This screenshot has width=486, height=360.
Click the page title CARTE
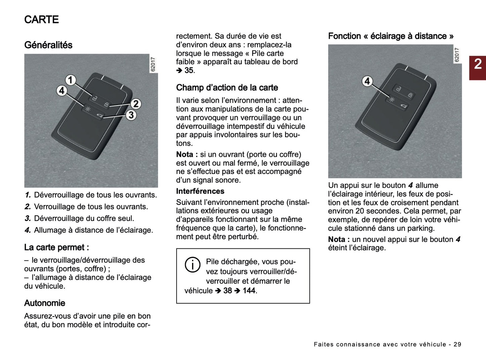pyautogui.click(x=41, y=20)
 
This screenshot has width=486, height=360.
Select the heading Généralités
pyautogui.click(x=48, y=45)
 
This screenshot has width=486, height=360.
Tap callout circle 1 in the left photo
pyautogui.click(x=70, y=80)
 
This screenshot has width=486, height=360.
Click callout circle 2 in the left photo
pyautogui.click(x=135, y=104)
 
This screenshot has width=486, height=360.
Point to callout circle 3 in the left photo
pyautogui.click(x=131, y=115)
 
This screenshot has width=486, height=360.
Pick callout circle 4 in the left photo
pyautogui.click(x=62, y=91)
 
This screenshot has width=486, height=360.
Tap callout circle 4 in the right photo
pyautogui.click(x=367, y=81)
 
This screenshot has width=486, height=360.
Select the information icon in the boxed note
pyautogui.click(x=192, y=265)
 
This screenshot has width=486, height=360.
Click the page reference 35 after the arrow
pyautogui.click(x=189, y=71)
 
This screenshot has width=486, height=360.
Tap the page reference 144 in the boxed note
pyautogui.click(x=249, y=291)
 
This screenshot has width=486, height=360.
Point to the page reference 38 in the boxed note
pyautogui.click(x=228, y=291)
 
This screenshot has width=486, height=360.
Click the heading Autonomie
pyautogui.click(x=44, y=303)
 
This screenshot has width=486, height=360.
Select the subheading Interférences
pyautogui.click(x=200, y=191)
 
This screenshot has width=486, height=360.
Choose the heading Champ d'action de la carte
pyautogui.click(x=227, y=88)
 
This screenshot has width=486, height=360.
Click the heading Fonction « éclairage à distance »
pyautogui.click(x=390, y=36)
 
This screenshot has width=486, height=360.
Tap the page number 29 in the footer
pyautogui.click(x=457, y=344)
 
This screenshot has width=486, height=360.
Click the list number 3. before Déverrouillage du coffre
pyautogui.click(x=28, y=219)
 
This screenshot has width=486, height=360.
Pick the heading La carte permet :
pyautogui.click(x=57, y=248)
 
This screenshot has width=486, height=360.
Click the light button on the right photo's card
pyautogui.click(x=392, y=100)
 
